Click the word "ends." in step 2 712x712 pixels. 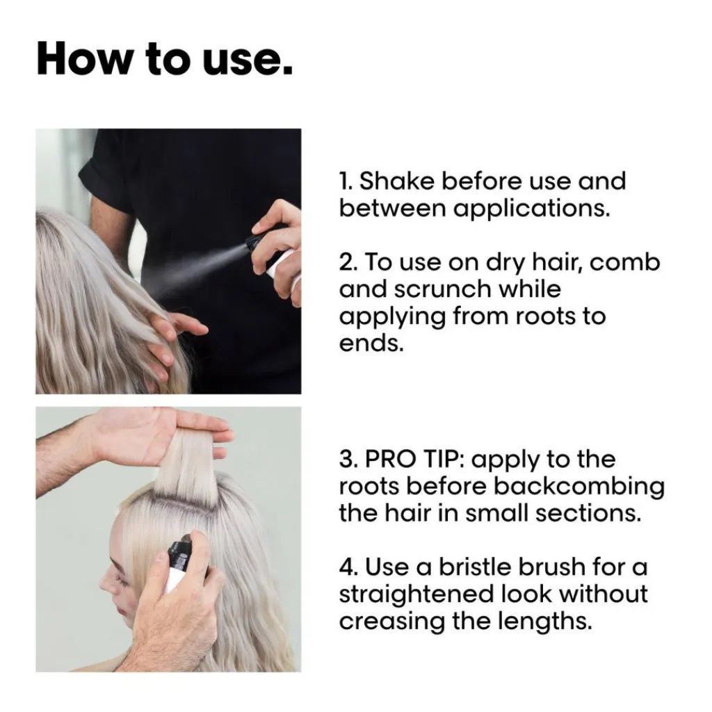371,343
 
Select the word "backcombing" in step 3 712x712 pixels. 579,487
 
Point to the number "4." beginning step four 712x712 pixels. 349,567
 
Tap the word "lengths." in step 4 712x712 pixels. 545,622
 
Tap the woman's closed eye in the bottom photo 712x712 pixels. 120,579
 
